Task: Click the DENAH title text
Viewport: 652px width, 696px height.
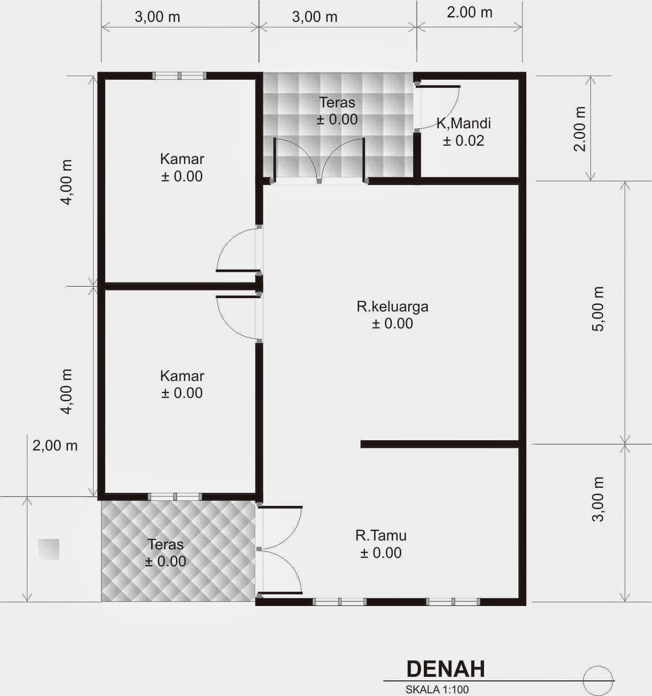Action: click(445, 669)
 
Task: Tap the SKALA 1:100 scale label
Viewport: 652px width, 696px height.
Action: click(437, 689)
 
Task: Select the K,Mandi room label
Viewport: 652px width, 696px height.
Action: click(463, 123)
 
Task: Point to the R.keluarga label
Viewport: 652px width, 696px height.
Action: click(392, 307)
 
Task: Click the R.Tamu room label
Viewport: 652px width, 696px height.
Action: click(381, 535)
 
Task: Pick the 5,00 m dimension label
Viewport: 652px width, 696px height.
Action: click(598, 308)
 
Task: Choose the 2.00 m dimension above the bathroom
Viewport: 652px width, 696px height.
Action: click(470, 12)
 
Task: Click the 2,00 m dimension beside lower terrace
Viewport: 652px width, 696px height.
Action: click(55, 445)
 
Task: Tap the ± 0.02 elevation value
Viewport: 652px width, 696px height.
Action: click(463, 141)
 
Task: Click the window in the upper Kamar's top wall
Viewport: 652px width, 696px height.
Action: click(179, 76)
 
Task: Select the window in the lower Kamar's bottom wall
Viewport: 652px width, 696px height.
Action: click(175, 496)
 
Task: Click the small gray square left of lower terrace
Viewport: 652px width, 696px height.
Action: click(49, 549)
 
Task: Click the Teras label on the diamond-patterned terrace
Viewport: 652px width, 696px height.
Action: click(165, 544)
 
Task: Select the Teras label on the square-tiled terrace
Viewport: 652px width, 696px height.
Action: click(337, 102)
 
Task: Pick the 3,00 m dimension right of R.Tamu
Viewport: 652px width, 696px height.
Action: click(598, 499)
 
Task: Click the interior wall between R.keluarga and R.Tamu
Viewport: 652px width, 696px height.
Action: click(440, 444)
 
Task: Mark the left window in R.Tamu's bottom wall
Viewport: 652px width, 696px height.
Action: click(340, 602)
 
